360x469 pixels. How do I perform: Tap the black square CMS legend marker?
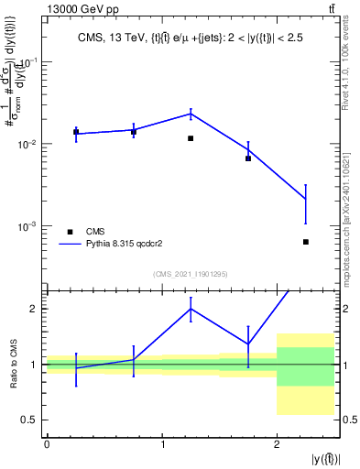(70, 232)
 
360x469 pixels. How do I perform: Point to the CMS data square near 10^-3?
(306, 242)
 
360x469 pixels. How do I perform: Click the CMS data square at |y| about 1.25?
(191, 138)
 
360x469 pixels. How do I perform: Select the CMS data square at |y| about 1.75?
(248, 158)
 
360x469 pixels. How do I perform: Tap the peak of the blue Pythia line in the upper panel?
(191, 114)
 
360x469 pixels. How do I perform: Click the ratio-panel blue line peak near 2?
(191, 308)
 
